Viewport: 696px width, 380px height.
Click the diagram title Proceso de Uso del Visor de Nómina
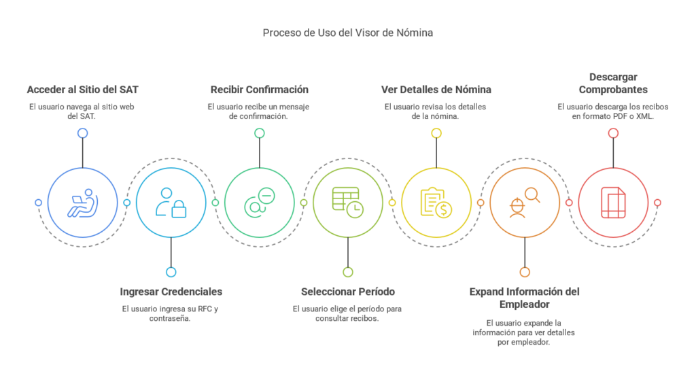click(x=347, y=33)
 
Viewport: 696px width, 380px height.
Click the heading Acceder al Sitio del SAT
click(x=82, y=90)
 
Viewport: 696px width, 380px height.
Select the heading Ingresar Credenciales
click(x=171, y=292)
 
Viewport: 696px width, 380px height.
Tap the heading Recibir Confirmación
click(x=259, y=90)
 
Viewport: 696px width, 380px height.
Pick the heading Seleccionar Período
click(x=348, y=292)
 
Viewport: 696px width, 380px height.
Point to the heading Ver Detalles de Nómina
click(x=436, y=90)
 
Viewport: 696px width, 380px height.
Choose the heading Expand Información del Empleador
click(x=525, y=298)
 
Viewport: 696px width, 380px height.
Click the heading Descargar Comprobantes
click(x=613, y=84)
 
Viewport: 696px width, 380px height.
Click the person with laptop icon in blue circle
click(x=82, y=203)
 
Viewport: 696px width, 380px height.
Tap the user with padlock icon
click(x=171, y=203)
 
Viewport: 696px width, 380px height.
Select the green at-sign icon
click(x=260, y=203)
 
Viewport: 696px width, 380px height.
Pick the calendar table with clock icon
click(x=348, y=203)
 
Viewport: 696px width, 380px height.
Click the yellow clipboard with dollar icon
click(x=436, y=203)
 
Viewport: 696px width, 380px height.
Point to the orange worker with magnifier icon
click(x=525, y=203)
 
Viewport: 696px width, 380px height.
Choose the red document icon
click(x=613, y=203)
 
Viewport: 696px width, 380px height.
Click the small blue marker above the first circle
click(x=82, y=133)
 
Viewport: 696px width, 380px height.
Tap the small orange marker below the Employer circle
click(x=525, y=272)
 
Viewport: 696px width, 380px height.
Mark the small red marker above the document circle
click(x=613, y=133)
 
